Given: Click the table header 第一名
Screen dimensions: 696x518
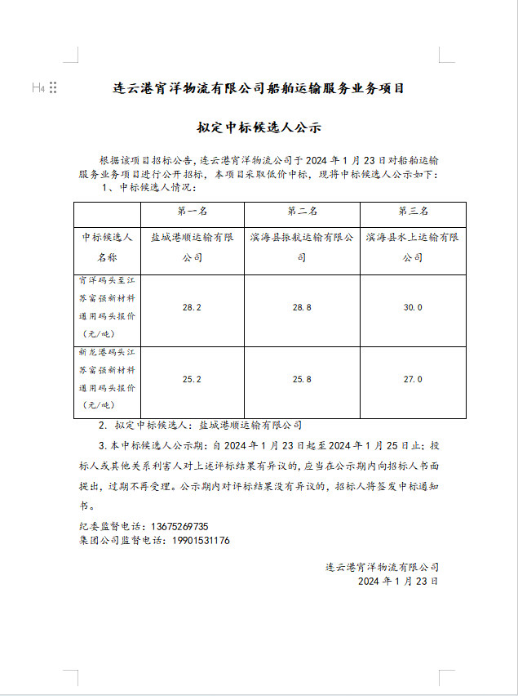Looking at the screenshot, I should pyautogui.click(x=193, y=211).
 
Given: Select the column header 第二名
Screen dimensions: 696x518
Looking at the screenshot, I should pyautogui.click(x=303, y=211).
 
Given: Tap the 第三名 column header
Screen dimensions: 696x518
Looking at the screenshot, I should pyautogui.click(x=413, y=211).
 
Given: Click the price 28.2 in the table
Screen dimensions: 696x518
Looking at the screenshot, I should pyautogui.click(x=193, y=308).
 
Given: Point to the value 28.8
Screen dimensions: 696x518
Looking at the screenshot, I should pyautogui.click(x=302, y=308).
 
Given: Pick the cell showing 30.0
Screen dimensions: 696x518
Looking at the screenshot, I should pyautogui.click(x=413, y=308).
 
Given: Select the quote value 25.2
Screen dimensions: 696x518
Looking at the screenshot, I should pyautogui.click(x=193, y=380).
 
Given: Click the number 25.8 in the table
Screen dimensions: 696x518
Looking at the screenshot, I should pyautogui.click(x=302, y=380).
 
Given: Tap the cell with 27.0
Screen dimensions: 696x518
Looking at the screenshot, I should pyautogui.click(x=413, y=380).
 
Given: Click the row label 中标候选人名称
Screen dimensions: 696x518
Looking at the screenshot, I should pyautogui.click(x=107, y=247).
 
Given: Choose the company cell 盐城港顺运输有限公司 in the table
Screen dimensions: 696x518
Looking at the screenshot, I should pyautogui.click(x=193, y=247).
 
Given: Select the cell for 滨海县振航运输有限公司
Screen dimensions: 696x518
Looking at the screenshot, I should pyautogui.click(x=302, y=247).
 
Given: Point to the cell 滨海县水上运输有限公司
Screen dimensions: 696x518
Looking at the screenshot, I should pyautogui.click(x=413, y=247).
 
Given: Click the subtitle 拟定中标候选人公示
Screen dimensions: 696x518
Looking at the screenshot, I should pyautogui.click(x=259, y=127).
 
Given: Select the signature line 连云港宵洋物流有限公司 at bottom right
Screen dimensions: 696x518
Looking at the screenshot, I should pyautogui.click(x=382, y=567).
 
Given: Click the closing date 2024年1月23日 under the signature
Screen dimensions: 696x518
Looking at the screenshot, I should pyautogui.click(x=398, y=582).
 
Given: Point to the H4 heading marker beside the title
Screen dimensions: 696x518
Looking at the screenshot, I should pyautogui.click(x=38, y=87).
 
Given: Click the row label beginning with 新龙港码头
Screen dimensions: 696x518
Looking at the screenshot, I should pyautogui.click(x=107, y=380).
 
